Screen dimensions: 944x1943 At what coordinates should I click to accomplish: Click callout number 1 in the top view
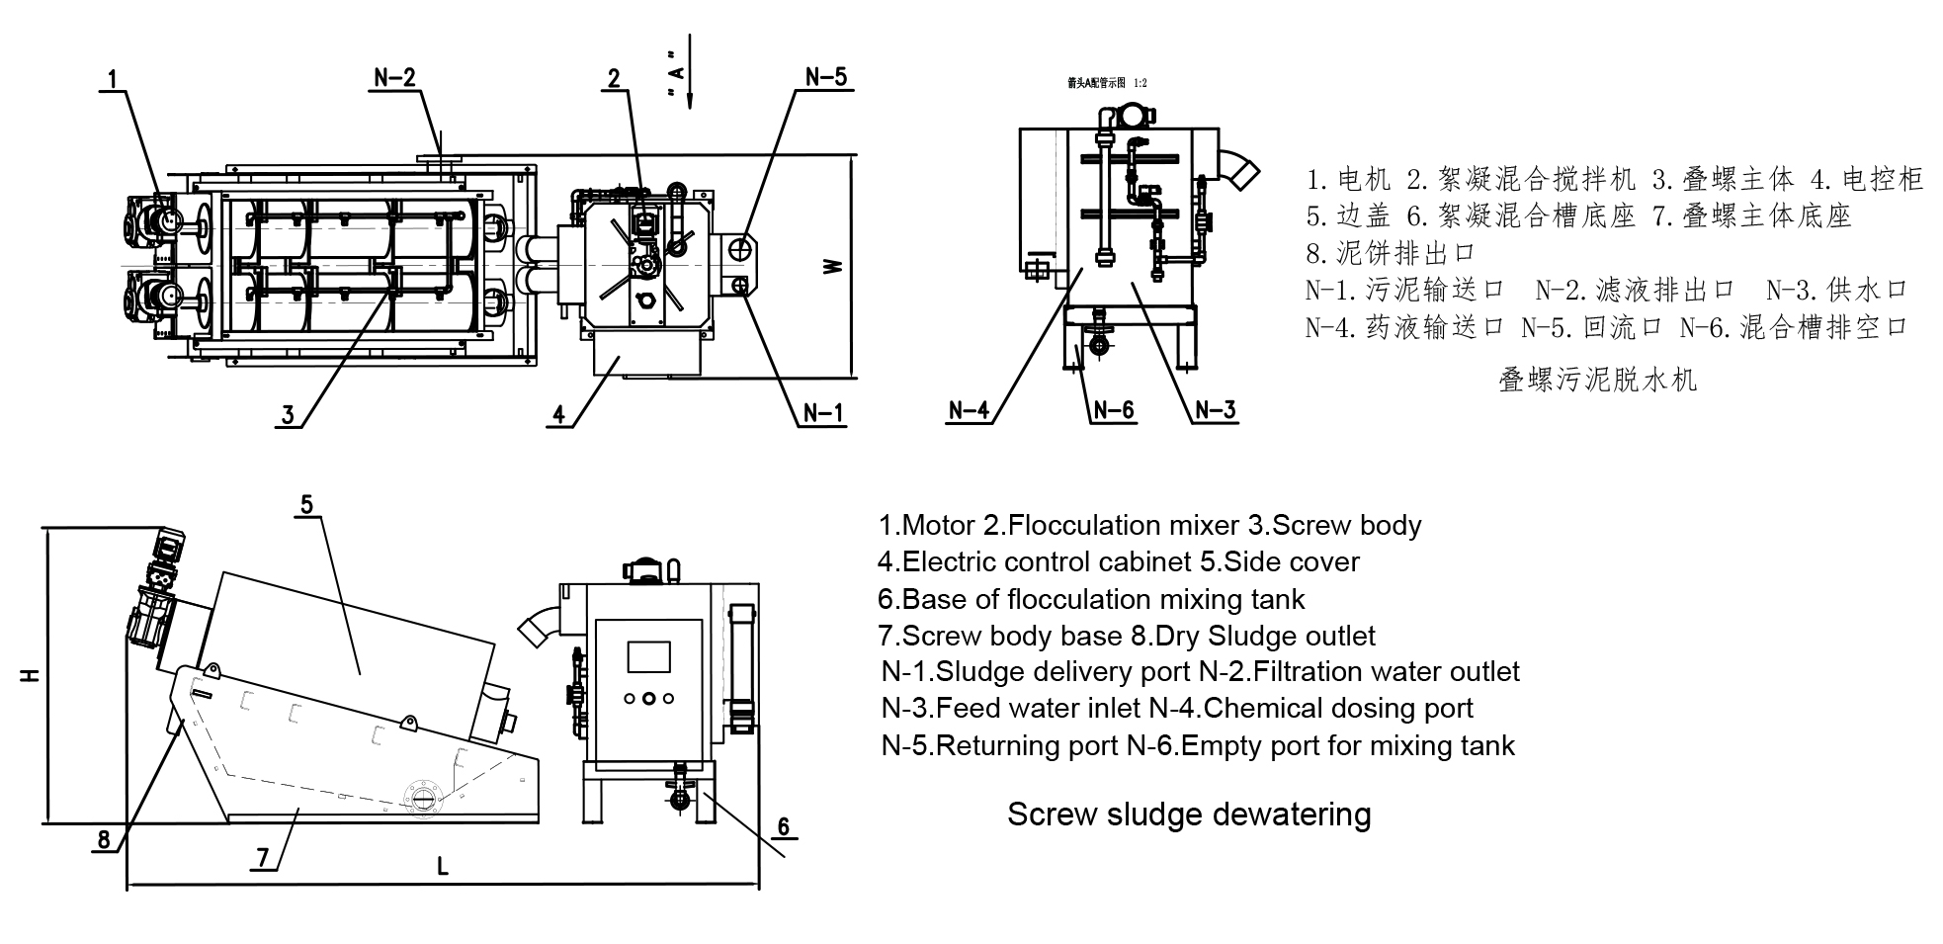[114, 78]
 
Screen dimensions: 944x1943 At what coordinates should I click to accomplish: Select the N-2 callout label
[395, 78]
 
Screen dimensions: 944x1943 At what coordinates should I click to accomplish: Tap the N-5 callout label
[826, 77]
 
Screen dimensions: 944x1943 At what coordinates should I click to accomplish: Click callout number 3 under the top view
[288, 415]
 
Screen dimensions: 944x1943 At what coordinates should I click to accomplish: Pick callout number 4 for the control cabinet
[558, 415]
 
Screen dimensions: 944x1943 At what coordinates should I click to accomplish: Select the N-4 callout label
[969, 409]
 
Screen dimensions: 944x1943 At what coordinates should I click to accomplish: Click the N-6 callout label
[1113, 409]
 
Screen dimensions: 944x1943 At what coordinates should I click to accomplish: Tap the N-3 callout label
[1216, 409]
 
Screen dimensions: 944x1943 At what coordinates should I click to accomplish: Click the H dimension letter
[31, 675]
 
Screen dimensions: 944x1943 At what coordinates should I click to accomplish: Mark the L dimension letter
[443, 867]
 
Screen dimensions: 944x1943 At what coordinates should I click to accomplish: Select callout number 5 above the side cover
[306, 505]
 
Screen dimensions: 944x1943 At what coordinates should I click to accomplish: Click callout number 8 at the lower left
[104, 840]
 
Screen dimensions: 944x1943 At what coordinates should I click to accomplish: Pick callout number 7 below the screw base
[262, 858]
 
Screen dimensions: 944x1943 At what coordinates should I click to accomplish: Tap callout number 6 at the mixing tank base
[783, 826]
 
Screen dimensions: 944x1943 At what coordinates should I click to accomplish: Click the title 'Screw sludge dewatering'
[1189, 815]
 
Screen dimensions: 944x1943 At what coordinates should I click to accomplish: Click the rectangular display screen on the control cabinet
[648, 656]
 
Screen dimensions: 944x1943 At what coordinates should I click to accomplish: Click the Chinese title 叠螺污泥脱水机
[1597, 380]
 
